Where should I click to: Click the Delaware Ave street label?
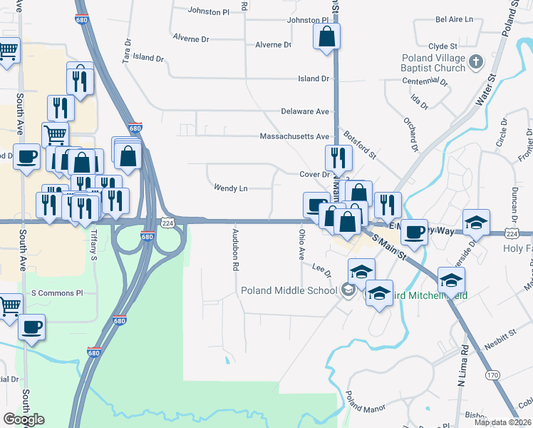tap(305, 111)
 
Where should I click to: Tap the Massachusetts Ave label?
tap(294, 136)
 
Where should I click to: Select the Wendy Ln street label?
tap(230, 188)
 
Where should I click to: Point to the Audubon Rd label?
tap(234, 250)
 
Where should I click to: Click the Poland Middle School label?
tap(288, 290)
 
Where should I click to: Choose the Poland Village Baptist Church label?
tap(439, 63)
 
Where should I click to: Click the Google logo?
tap(24, 419)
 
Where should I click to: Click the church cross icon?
tap(478, 63)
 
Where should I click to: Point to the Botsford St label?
tap(359, 144)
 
